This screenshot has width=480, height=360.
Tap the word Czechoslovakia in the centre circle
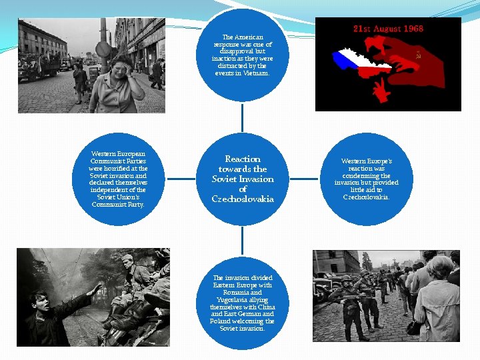[x=243, y=199]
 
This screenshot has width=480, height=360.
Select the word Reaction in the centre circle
[x=243, y=159]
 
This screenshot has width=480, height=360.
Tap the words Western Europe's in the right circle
[x=366, y=161]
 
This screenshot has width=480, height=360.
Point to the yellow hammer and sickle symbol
[x=418, y=55]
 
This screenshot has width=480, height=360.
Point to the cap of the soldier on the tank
[x=127, y=257]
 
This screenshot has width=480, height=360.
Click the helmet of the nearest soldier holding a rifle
[x=347, y=277]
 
